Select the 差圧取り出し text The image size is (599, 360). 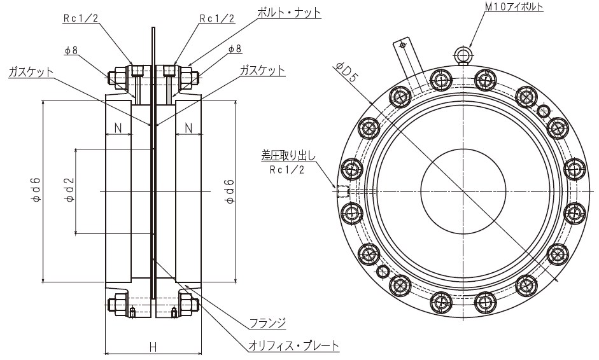pyautogui.click(x=288, y=155)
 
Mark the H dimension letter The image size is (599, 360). pyautogui.click(x=153, y=347)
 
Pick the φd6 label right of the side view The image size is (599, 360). pyautogui.click(x=230, y=190)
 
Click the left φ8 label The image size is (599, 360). pyautogui.click(x=70, y=50)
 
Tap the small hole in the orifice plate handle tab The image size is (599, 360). pyautogui.click(x=402, y=45)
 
